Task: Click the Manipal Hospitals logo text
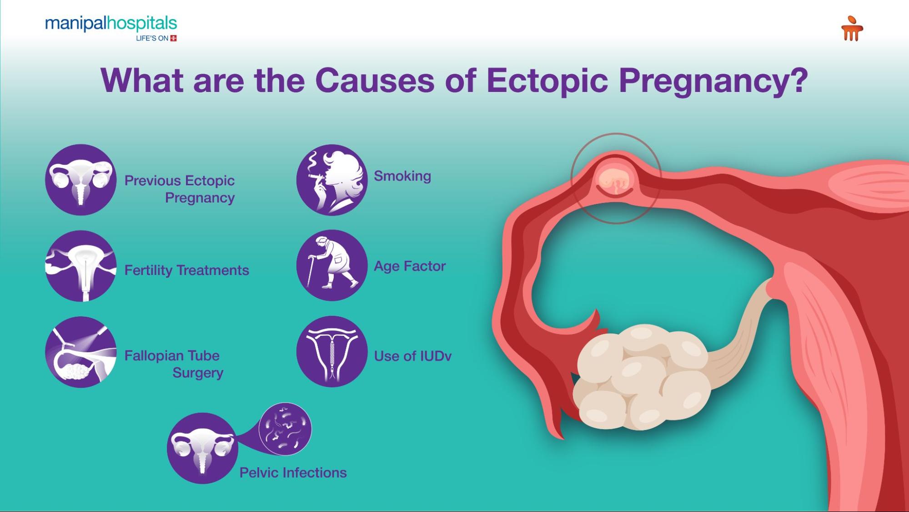(x=111, y=24)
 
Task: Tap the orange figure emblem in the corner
(x=852, y=29)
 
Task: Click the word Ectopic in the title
(x=547, y=81)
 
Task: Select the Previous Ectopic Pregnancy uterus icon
(x=81, y=180)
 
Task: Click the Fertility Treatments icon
(x=81, y=266)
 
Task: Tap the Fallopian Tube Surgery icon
(x=81, y=352)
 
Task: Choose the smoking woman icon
(x=332, y=180)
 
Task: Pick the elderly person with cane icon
(x=332, y=265)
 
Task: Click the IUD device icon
(x=332, y=351)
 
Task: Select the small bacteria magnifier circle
(x=285, y=429)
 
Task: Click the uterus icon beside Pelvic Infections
(x=202, y=448)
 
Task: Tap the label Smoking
(x=402, y=177)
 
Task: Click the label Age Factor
(x=410, y=266)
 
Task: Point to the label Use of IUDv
(x=413, y=356)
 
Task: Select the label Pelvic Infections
(x=293, y=473)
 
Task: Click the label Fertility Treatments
(x=187, y=270)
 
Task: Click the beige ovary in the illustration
(x=642, y=377)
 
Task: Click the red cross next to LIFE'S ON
(x=173, y=38)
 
